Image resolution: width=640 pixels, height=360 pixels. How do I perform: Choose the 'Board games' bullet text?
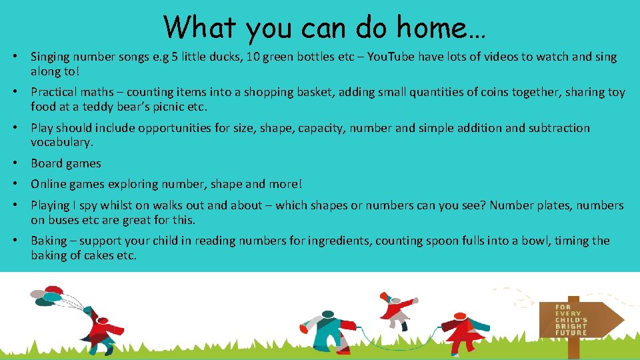pos(66,163)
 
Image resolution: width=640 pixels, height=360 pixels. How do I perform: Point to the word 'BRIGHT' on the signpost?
pos(572,326)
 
